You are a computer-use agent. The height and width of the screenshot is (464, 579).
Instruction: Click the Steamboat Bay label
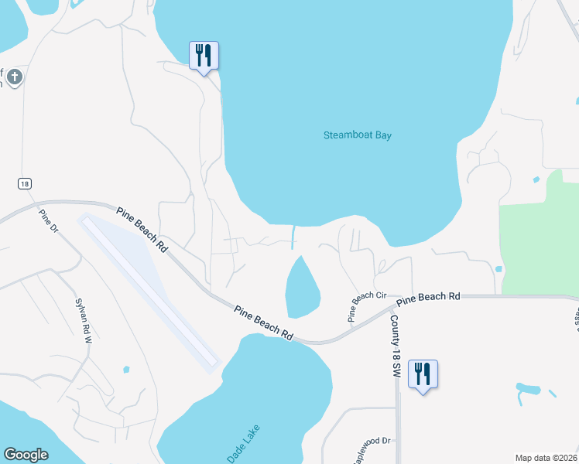[x=357, y=135]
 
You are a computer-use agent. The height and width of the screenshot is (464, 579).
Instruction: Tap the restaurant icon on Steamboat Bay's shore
[x=204, y=56]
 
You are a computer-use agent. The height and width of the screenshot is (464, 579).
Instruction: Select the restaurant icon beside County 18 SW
[x=423, y=374]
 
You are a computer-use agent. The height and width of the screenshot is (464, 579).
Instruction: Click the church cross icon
[x=14, y=77]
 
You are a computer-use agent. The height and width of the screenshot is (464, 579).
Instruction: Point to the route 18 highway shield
[x=26, y=183]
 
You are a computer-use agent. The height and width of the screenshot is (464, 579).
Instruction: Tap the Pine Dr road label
[x=48, y=219]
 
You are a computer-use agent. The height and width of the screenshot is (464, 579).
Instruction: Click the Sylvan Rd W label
[x=84, y=319]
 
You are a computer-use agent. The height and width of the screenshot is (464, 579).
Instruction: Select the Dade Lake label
[x=244, y=444]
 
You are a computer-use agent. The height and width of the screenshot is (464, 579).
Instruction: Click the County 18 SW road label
[x=395, y=346]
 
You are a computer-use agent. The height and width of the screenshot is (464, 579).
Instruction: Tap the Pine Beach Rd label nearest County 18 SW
[x=428, y=297]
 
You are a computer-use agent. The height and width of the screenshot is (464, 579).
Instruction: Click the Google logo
[x=26, y=455]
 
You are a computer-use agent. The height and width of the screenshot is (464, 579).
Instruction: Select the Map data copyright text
[x=546, y=458]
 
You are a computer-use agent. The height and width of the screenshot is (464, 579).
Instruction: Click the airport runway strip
[x=149, y=289]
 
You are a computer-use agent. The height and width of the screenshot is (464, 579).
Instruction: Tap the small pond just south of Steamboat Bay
[x=302, y=288]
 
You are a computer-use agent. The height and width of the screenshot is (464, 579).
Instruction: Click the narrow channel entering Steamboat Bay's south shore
[x=293, y=237]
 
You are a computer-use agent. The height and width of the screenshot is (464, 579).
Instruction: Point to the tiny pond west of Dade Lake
[x=126, y=370]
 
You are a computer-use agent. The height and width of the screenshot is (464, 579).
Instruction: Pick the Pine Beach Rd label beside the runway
[x=142, y=229]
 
